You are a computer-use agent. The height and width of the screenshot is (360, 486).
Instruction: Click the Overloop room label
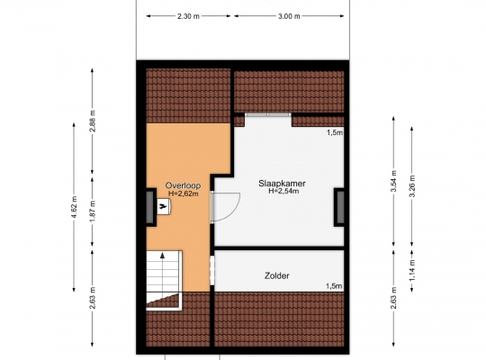(183, 185)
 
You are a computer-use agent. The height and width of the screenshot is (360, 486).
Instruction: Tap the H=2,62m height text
(184, 193)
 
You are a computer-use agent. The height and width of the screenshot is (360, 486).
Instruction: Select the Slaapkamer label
(282, 184)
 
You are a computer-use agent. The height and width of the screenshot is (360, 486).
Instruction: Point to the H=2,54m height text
(283, 191)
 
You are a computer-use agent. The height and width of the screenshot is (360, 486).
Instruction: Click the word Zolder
(277, 275)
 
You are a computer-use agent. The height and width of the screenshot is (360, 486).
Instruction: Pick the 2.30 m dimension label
(188, 16)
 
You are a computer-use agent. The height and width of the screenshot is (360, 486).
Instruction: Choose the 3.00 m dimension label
(289, 16)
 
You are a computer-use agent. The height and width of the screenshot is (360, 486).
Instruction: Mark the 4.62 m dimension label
(75, 207)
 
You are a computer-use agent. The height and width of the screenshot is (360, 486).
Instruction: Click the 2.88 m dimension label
(93, 121)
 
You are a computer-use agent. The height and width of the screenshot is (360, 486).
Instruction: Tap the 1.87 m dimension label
(93, 211)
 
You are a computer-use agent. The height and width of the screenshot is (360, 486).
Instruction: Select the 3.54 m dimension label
(394, 181)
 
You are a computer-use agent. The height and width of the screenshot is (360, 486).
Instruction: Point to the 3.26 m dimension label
(412, 186)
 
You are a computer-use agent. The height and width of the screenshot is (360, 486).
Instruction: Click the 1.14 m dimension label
(412, 271)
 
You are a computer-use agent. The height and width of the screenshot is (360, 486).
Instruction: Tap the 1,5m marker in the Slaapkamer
(335, 132)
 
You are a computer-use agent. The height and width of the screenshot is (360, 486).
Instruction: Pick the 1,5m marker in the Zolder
(334, 286)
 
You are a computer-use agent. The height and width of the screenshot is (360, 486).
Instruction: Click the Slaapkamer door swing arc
(235, 211)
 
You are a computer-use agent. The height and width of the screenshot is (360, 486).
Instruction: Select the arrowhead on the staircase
(162, 256)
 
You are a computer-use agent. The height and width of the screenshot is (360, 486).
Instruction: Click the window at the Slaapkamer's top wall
(268, 114)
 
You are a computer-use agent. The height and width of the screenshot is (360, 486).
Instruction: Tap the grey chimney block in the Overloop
(150, 207)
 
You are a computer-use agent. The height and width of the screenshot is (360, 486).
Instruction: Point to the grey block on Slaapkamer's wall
(339, 207)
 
